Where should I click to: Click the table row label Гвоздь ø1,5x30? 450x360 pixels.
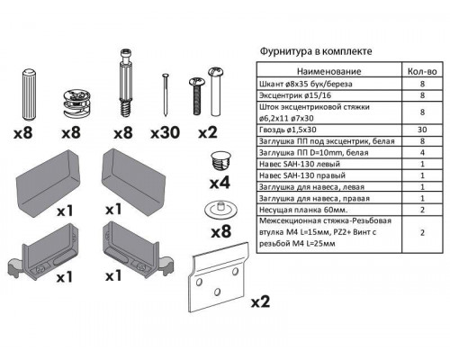pyautogui.click(x=290, y=129)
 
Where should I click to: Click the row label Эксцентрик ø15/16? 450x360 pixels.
pyautogui.click(x=292, y=94)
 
